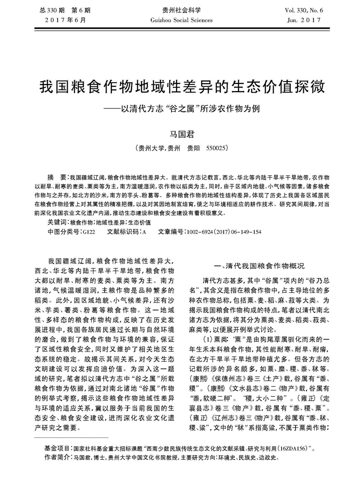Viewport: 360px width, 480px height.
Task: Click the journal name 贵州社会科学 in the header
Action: [180, 11]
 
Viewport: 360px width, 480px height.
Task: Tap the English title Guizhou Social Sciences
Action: [180, 20]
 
